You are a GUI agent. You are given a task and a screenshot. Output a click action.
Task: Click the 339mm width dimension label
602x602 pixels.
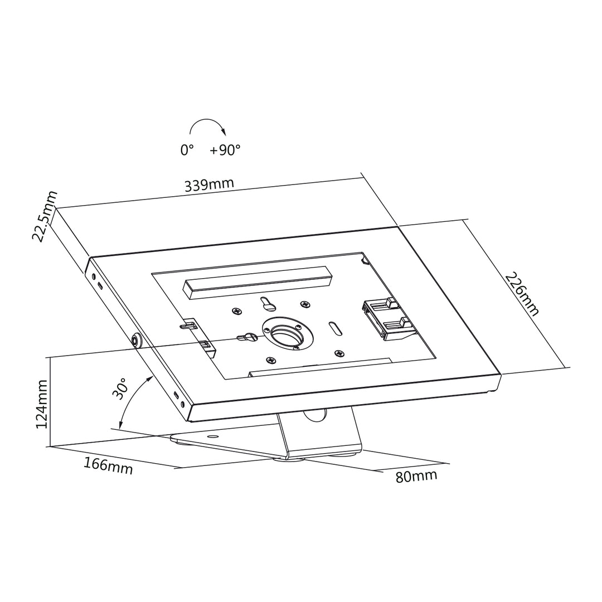(x=209, y=185)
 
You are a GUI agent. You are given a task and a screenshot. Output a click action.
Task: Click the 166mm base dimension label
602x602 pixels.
(x=108, y=465)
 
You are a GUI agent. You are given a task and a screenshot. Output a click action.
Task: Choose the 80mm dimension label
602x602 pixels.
(x=416, y=476)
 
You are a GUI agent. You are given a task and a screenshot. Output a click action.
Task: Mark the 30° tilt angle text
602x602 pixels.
(x=120, y=389)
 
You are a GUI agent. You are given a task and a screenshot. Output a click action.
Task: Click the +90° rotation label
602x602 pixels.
(x=225, y=150)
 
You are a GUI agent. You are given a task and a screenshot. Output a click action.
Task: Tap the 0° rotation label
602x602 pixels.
(x=187, y=151)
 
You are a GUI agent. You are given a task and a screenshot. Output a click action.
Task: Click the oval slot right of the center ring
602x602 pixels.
(x=336, y=328)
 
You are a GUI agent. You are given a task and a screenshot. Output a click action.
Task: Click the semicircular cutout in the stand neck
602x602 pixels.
(x=314, y=414)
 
